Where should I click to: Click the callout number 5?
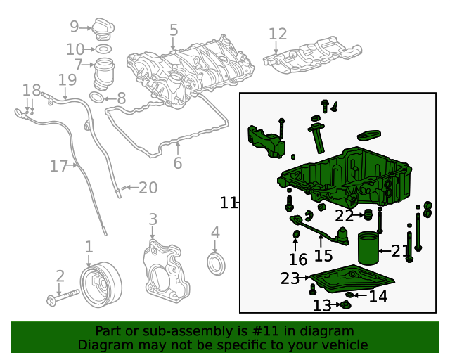(174, 30)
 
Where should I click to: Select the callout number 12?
(278, 34)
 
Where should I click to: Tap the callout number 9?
(75, 27)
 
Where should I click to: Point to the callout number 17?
(58, 167)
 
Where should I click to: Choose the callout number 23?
(290, 279)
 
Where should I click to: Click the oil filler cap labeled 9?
(102, 30)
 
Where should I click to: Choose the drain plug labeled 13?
(346, 304)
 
